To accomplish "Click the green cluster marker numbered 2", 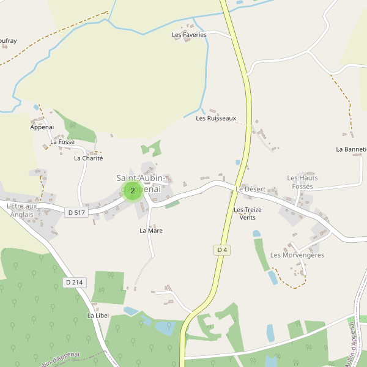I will (x=133, y=191).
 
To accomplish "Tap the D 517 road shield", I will (x=76, y=212).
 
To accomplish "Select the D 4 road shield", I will (x=222, y=250).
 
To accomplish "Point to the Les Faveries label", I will (x=190, y=35).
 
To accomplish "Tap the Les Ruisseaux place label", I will (x=216, y=118).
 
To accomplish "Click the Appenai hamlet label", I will (x=42, y=127).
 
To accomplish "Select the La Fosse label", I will (x=62, y=142).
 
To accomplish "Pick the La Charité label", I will (x=89, y=158).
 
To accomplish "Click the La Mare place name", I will (x=151, y=231).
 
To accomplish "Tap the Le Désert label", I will (x=251, y=189).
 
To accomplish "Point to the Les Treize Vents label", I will (x=248, y=213).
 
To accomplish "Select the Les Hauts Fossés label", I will (x=302, y=182).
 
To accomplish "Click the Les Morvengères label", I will (x=297, y=255).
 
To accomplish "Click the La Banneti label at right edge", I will (x=351, y=149).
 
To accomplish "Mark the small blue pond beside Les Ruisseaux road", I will (x=238, y=163).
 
